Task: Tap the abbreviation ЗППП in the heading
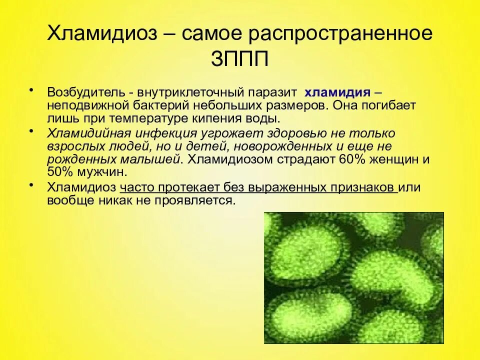click(240, 58)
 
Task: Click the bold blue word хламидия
click(337, 92)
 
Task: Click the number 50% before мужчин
click(59, 172)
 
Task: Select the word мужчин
click(99, 172)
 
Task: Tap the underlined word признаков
click(364, 187)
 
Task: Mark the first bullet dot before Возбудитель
click(31, 90)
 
